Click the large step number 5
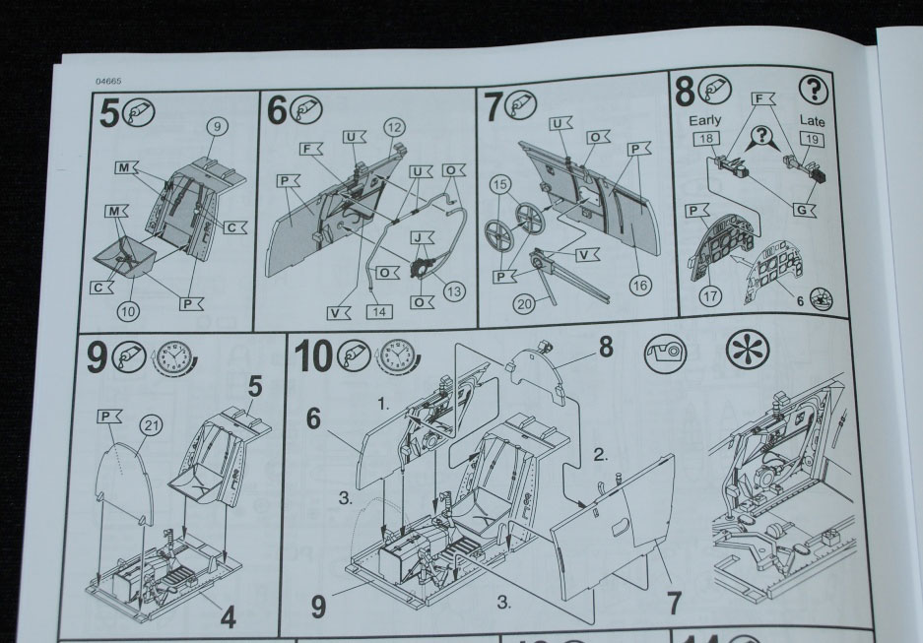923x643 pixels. coord(109,113)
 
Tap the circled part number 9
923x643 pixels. coord(218,126)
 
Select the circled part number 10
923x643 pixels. coord(128,311)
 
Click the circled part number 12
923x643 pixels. coord(394,128)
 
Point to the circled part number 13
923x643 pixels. coord(454,291)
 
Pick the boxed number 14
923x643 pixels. coord(379,311)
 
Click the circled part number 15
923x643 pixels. coord(500,185)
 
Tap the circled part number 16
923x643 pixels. coord(640,286)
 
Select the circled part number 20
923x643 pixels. coord(524,303)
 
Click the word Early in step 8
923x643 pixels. coord(704,120)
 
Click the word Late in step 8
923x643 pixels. coord(812,121)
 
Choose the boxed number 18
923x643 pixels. coord(706,139)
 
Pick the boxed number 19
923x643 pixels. coord(812,140)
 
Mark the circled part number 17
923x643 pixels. coord(710,296)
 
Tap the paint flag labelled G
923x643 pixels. coord(803,210)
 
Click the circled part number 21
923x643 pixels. coord(152,424)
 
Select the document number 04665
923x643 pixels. coord(108,81)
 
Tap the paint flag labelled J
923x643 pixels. coord(422,237)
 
